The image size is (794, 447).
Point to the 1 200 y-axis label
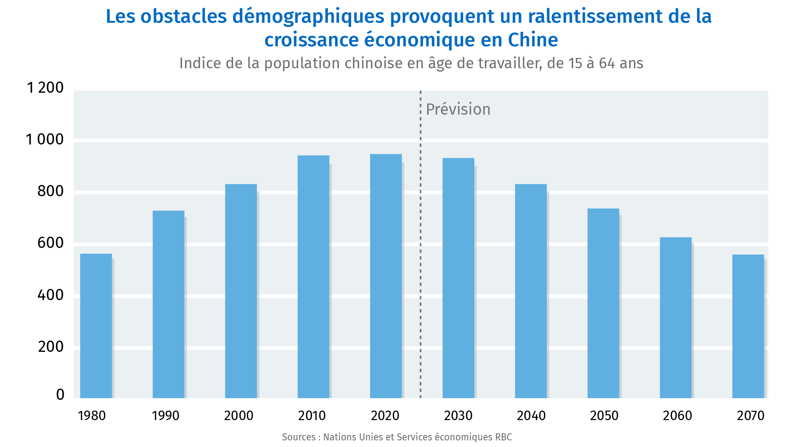pyautogui.click(x=45, y=88)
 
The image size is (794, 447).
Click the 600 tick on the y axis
pyautogui.click(x=50, y=243)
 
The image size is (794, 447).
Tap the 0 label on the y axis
pyautogui.click(x=60, y=394)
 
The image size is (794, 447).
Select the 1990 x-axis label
pyautogui.click(x=165, y=416)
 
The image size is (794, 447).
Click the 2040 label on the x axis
pyautogui.click(x=531, y=416)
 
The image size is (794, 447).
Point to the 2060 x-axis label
pyautogui.click(x=677, y=416)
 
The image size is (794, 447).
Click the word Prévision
pyautogui.click(x=458, y=109)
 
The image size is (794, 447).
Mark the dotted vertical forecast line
pyautogui.click(x=421, y=248)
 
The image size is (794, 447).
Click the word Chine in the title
pyautogui.click(x=533, y=40)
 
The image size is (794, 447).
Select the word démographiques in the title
pyautogui.click(x=309, y=17)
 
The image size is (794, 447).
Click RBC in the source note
pyautogui.click(x=503, y=437)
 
